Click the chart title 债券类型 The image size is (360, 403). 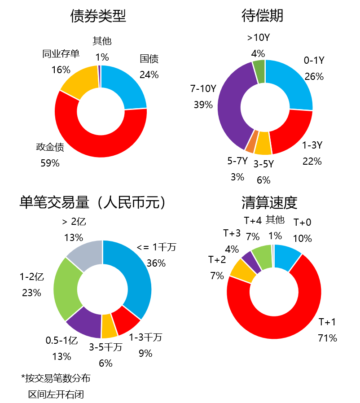click(98, 16)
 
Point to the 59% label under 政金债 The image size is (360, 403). click(50, 163)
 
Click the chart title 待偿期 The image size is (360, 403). click(262, 16)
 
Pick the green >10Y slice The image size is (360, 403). click(259, 71)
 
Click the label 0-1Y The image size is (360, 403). click(314, 60)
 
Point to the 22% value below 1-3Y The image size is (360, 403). click(312, 161)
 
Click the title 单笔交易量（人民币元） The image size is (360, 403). click(94, 203)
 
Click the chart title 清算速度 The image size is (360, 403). click(269, 203)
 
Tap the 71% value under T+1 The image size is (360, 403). click(327, 338)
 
